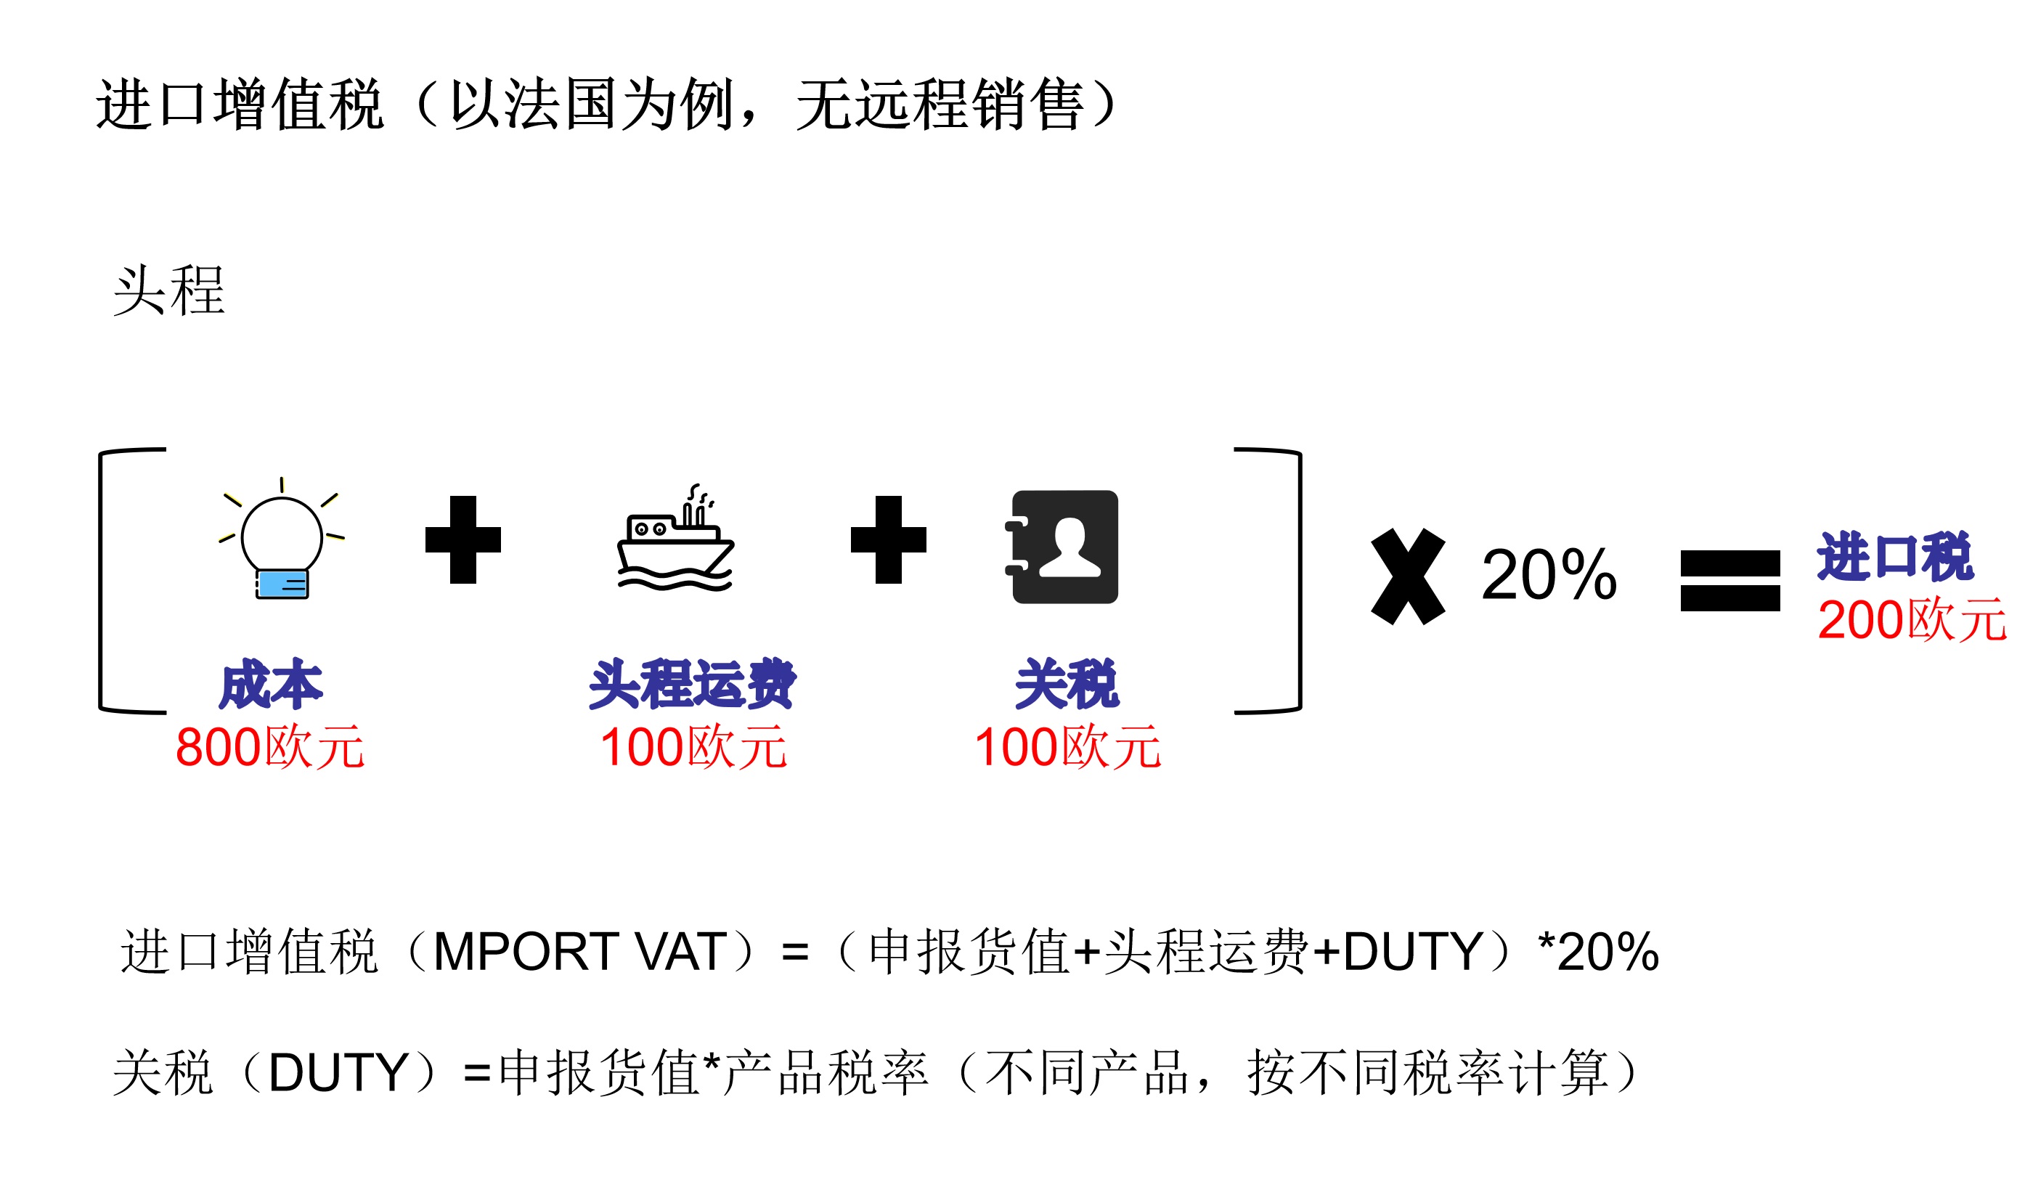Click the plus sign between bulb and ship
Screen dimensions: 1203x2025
pos(463,539)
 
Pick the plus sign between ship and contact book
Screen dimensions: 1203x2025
pos(888,539)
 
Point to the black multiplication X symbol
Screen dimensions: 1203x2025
pos(1407,576)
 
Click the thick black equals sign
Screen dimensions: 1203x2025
pos(1730,580)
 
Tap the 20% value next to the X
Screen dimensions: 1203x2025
pos(1549,575)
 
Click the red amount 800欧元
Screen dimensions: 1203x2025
pos(270,746)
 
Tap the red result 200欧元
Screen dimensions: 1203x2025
pos(1912,620)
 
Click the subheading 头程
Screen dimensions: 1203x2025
pos(168,290)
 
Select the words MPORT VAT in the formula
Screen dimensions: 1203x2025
pos(579,951)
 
